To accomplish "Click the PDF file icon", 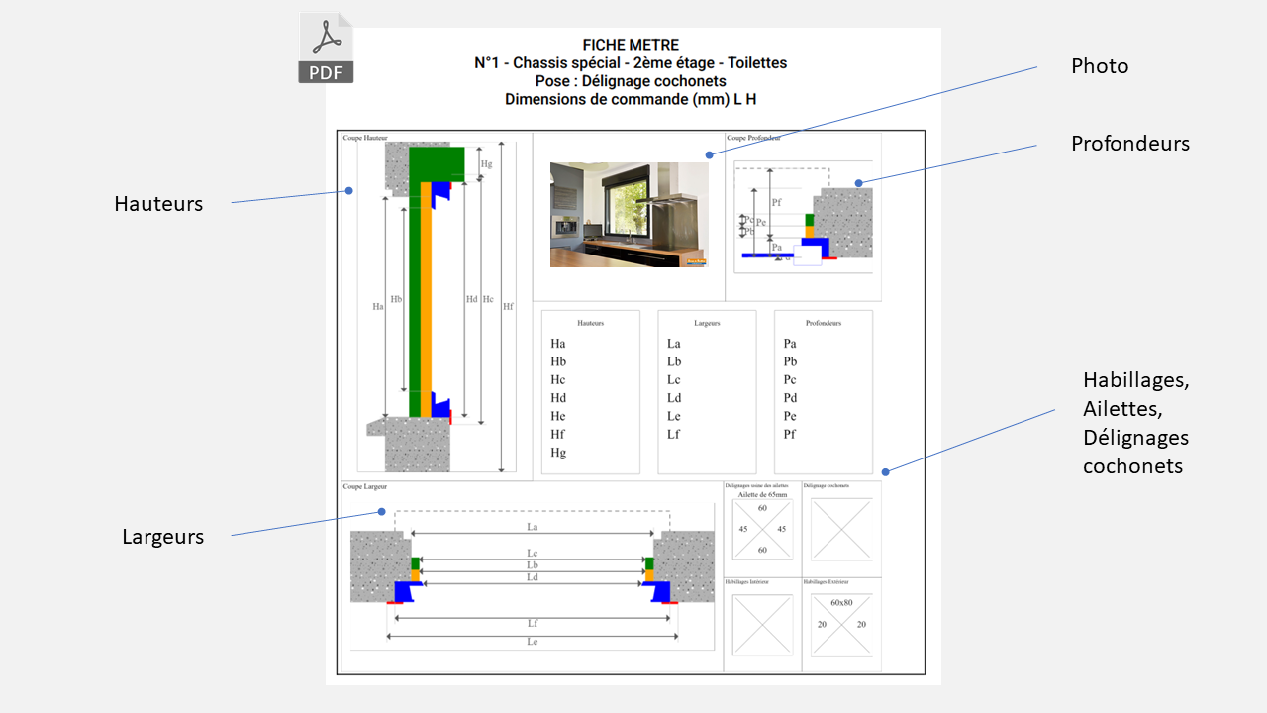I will click(x=326, y=49).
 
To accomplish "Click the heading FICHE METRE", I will click(x=631, y=46).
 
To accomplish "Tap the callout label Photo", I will click(x=1100, y=66).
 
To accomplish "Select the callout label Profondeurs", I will click(x=1129, y=144).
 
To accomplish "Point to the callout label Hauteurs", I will click(x=158, y=204).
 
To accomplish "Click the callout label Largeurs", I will click(x=163, y=537).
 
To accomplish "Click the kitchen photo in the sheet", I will click(x=629, y=215).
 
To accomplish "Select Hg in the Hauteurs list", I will click(x=558, y=453).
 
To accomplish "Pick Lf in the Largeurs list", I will click(x=674, y=434).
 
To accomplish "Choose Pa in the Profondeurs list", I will click(x=790, y=344).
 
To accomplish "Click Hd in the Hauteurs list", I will click(x=558, y=398).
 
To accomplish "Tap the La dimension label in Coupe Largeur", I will click(x=533, y=527).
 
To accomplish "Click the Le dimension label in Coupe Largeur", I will click(x=533, y=642).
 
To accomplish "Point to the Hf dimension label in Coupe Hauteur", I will click(x=508, y=307).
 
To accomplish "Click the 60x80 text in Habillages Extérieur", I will click(x=841, y=603).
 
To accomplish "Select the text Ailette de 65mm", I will click(x=762, y=494).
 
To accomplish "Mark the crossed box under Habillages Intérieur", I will click(x=762, y=625).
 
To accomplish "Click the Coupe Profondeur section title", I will click(x=753, y=139).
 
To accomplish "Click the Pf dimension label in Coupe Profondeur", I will click(x=776, y=202).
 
